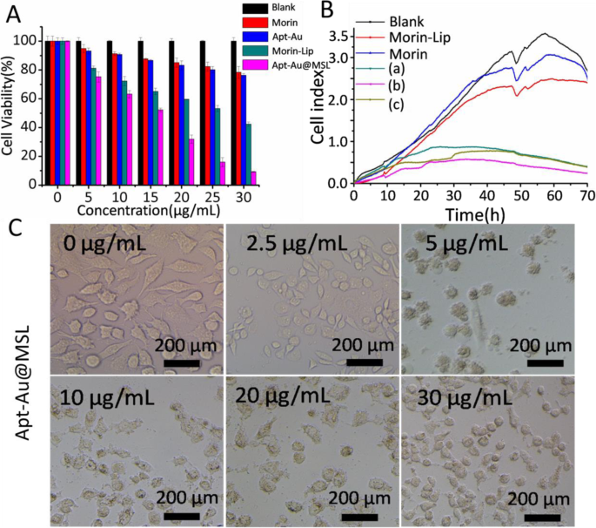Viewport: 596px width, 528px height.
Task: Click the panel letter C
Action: [x=15, y=229]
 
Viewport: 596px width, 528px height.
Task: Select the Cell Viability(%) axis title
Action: [x=9, y=107]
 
